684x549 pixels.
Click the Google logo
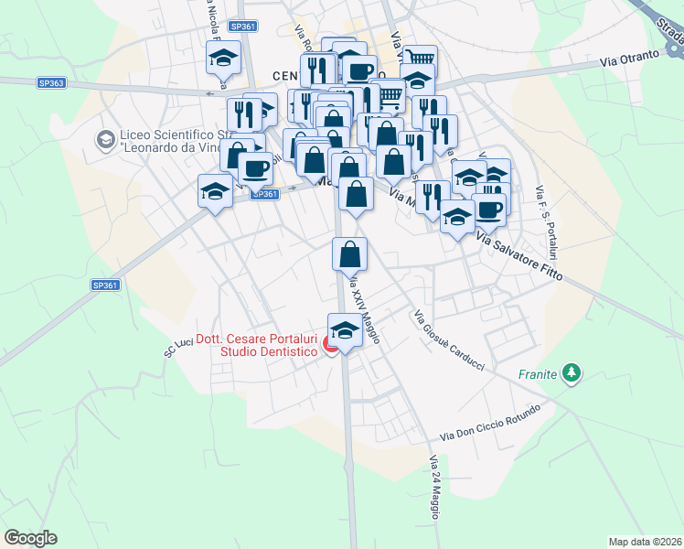click(x=30, y=538)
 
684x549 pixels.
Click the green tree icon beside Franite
click(x=572, y=372)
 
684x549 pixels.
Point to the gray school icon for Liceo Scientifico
click(x=106, y=139)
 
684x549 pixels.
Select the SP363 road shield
click(x=51, y=82)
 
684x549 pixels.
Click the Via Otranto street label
click(x=630, y=58)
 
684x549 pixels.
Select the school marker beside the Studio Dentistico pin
click(x=344, y=330)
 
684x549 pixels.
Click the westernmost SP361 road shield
click(x=105, y=285)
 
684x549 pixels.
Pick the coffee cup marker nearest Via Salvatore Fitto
click(x=488, y=208)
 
